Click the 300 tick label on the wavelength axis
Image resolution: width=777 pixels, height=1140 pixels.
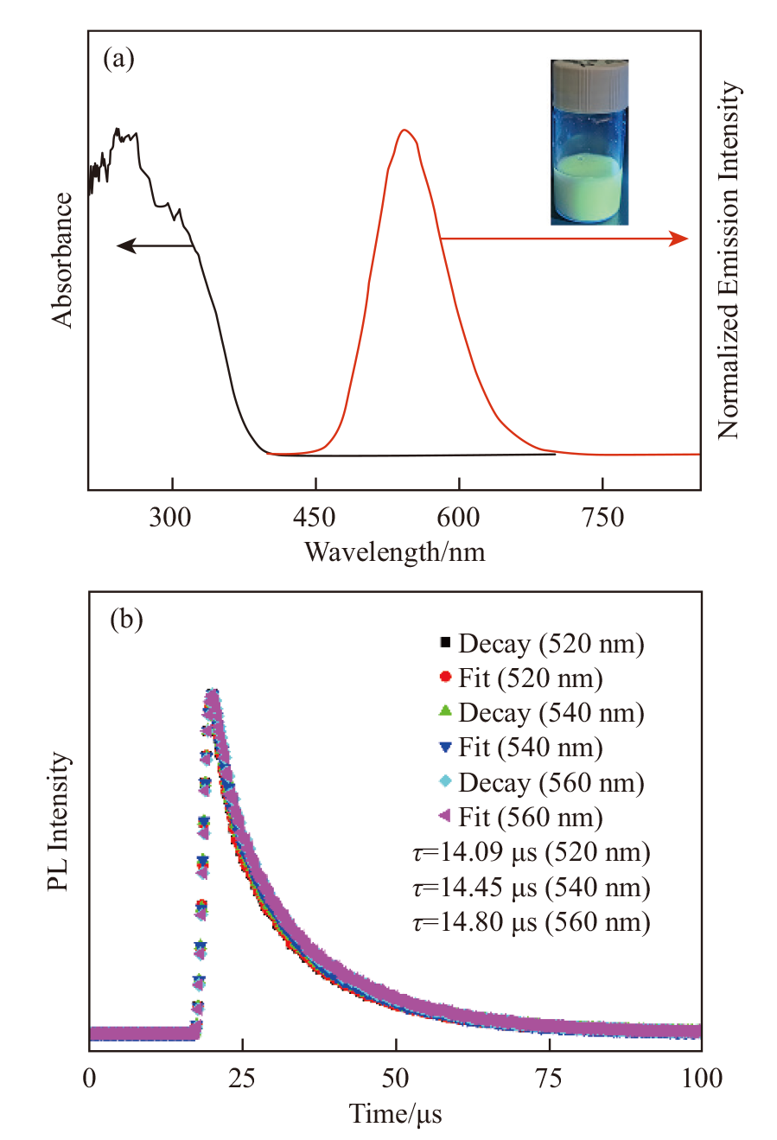(170, 518)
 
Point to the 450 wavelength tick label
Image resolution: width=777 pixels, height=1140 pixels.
(315, 518)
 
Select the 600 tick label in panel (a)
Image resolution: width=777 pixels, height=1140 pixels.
(458, 518)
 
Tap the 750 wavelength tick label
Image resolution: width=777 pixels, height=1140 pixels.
(602, 518)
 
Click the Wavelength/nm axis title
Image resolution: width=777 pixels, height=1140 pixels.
(394, 551)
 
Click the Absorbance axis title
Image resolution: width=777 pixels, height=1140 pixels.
(62, 259)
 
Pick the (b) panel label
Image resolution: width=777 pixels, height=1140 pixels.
(126, 620)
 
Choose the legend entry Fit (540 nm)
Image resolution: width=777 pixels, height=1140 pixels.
(530, 748)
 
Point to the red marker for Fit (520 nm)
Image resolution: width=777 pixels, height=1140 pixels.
(446, 677)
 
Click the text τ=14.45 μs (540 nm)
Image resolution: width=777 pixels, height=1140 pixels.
(532, 888)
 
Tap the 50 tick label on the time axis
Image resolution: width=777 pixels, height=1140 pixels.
(395, 1079)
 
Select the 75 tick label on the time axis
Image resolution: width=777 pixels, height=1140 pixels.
(549, 1079)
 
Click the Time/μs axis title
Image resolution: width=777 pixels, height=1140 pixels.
(395, 1113)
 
